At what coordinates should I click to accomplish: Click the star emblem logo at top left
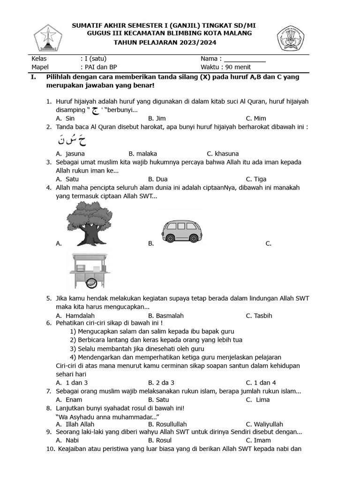click(x=48, y=38)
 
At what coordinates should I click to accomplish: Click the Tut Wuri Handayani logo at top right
click(x=294, y=38)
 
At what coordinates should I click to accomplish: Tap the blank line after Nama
click(x=244, y=60)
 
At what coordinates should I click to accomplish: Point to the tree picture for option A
click(x=89, y=222)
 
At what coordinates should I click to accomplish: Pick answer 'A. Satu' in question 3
click(x=67, y=179)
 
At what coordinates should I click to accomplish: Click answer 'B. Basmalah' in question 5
click(x=166, y=315)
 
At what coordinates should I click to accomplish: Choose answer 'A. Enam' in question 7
click(x=69, y=399)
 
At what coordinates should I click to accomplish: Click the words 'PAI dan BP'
click(x=99, y=67)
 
